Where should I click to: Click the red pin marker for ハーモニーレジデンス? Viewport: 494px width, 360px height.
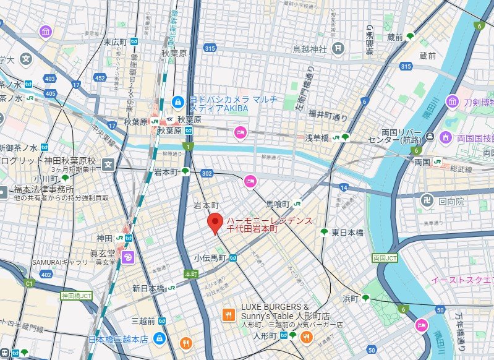coord(215,222)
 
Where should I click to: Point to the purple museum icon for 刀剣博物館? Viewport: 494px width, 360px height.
coord(453,101)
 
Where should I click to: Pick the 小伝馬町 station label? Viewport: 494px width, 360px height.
coord(210,258)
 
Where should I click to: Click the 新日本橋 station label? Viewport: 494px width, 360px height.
coord(148,288)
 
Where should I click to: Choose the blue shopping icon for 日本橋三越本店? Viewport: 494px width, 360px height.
coord(160,338)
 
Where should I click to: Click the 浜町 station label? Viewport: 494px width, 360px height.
coord(351,298)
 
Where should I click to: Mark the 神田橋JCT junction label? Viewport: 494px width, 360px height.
coord(76,296)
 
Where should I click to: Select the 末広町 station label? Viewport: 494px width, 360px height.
coord(115,42)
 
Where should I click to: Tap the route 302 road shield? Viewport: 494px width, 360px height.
coord(207,174)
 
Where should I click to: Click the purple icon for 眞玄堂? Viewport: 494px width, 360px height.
coord(127,257)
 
